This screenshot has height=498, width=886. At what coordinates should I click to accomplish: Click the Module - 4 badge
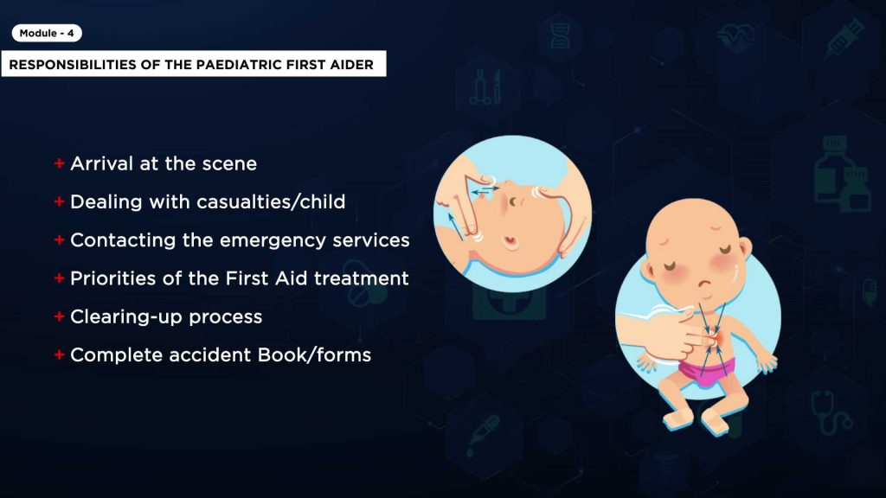pos(47,34)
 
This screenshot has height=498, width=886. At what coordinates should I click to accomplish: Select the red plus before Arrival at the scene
pos(60,163)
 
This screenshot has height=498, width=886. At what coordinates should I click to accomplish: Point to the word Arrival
pos(102,163)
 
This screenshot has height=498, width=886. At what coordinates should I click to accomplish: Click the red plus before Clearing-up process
pos(60,316)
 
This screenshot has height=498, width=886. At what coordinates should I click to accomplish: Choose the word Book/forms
pos(314,355)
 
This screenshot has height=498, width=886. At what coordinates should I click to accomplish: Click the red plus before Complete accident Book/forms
pos(60,355)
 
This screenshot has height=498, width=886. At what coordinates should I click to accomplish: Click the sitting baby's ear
pos(745,247)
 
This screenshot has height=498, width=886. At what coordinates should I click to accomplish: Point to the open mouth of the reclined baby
pos(510,242)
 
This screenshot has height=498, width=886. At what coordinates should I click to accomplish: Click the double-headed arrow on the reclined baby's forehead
pos(485,191)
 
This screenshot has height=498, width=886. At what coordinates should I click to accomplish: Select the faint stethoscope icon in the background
pos(831,413)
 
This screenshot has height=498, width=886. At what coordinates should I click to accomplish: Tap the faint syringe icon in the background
pos(844,37)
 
